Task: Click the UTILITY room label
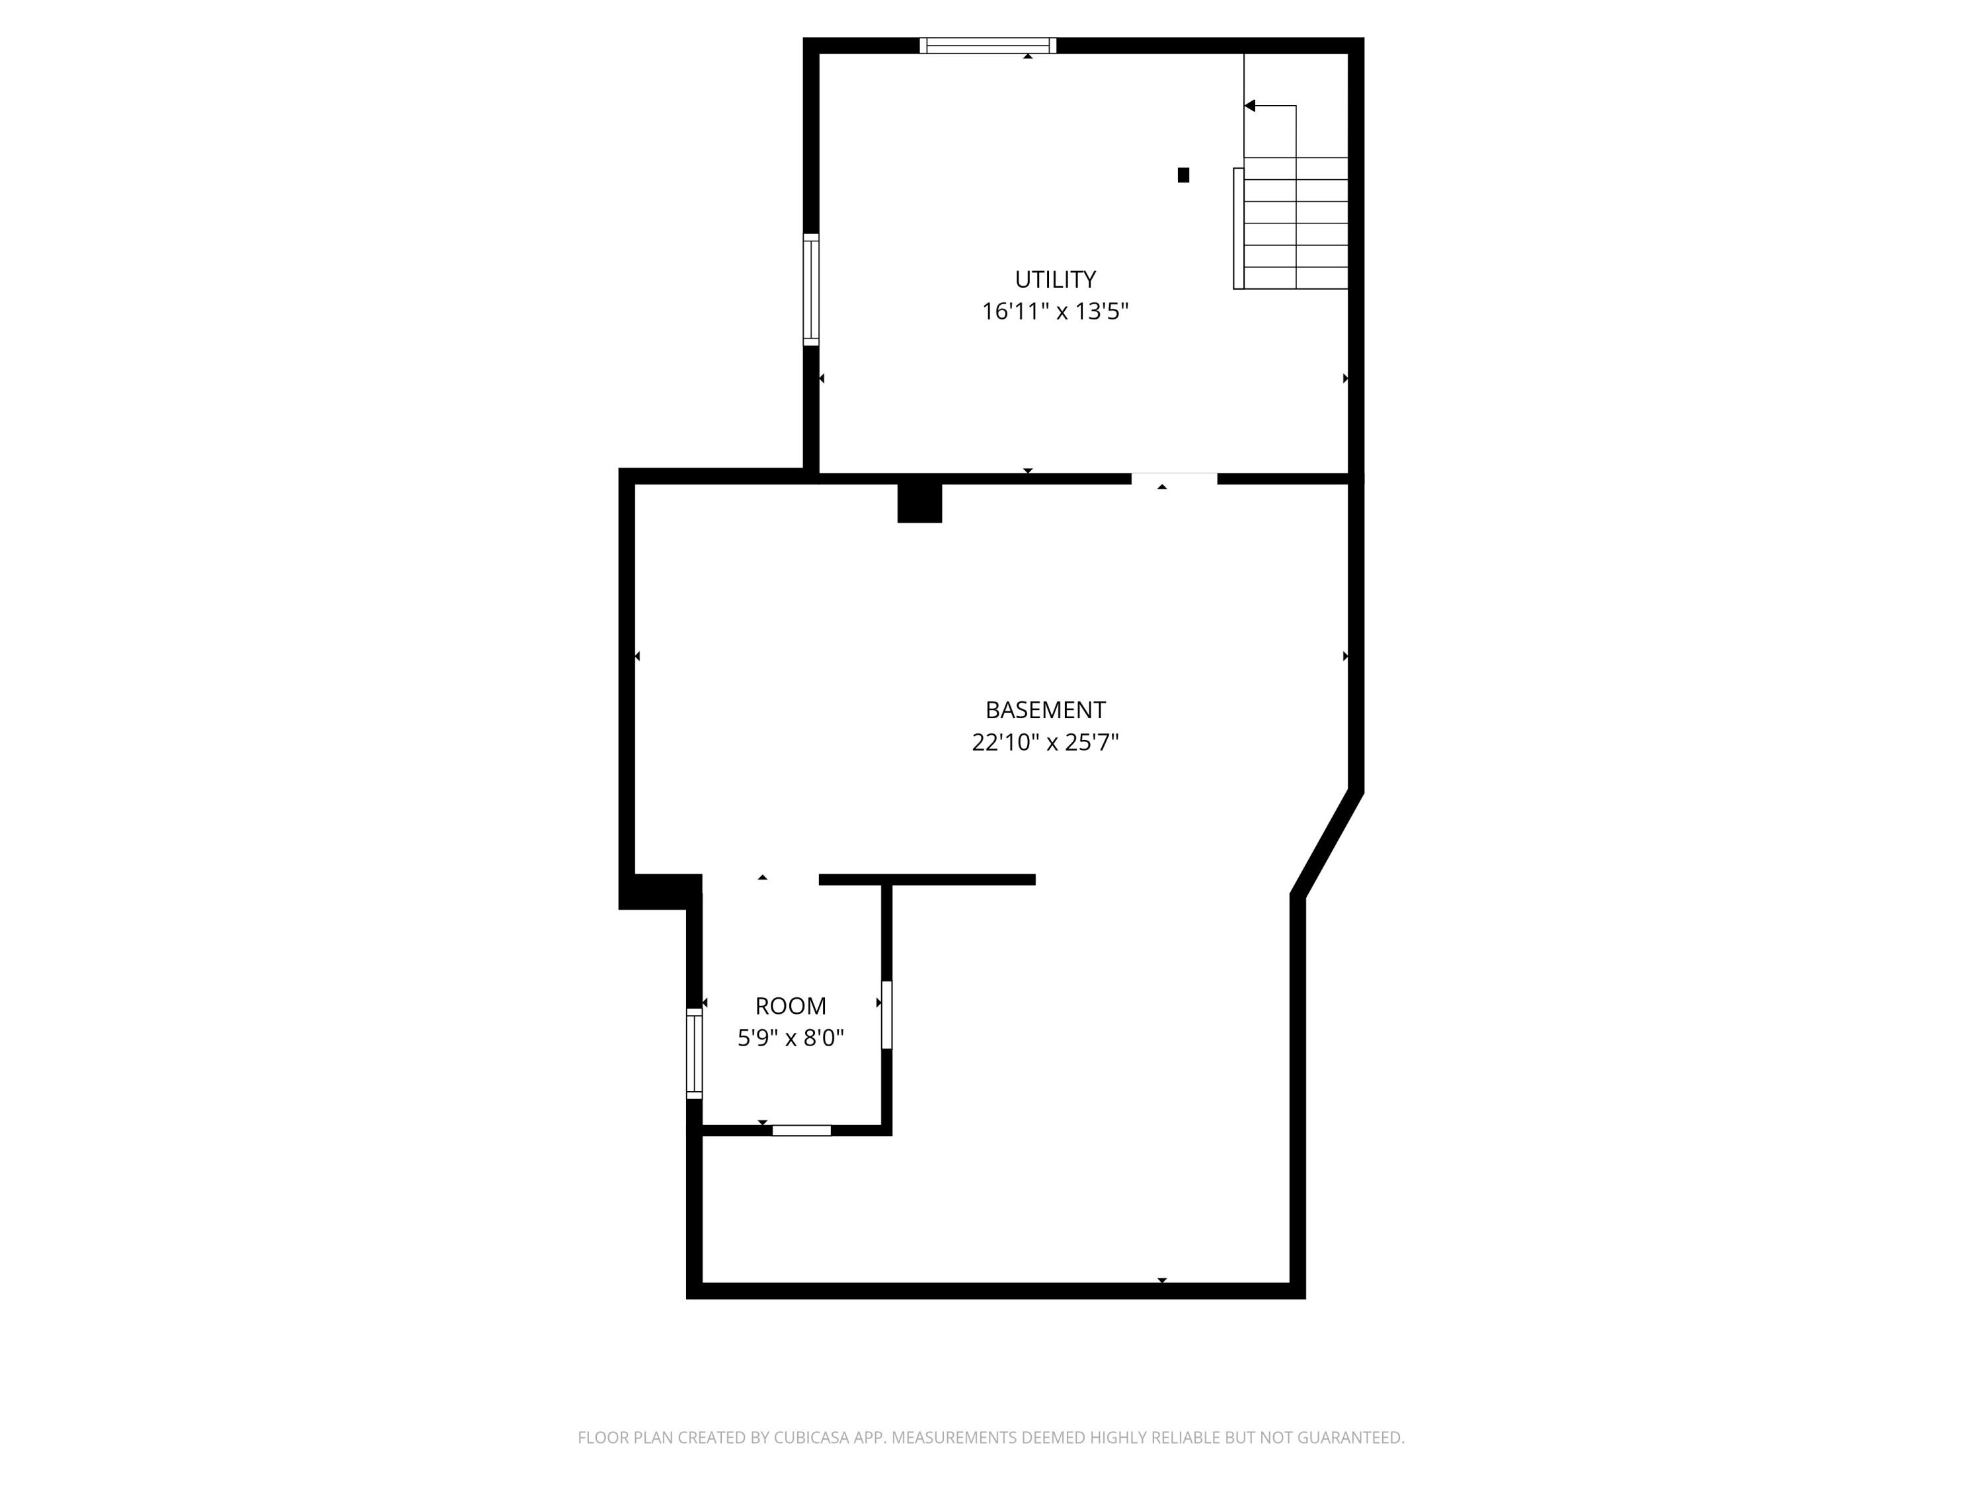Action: click(1055, 279)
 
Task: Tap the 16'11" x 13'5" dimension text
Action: click(1055, 311)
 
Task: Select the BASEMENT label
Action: click(1045, 710)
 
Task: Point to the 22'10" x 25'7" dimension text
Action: click(1045, 742)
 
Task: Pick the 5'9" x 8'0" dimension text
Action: click(791, 1038)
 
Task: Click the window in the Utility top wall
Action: click(988, 46)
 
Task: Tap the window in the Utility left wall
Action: click(810, 289)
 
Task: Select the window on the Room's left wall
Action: click(694, 1053)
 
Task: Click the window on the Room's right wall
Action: click(886, 1014)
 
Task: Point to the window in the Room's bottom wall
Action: click(801, 1130)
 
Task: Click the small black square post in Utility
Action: click(1183, 175)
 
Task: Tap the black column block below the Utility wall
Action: click(920, 503)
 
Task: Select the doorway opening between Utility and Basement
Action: click(1175, 478)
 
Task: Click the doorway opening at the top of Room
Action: click(760, 880)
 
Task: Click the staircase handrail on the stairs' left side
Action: click(1239, 229)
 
